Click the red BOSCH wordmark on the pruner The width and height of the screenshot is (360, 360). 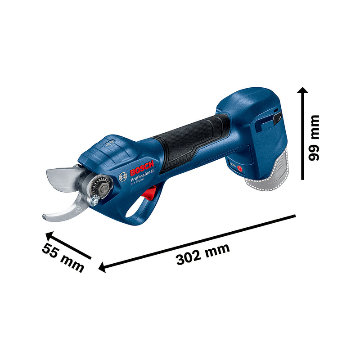[x=142, y=169]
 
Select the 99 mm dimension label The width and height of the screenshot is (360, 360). [x=314, y=137]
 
